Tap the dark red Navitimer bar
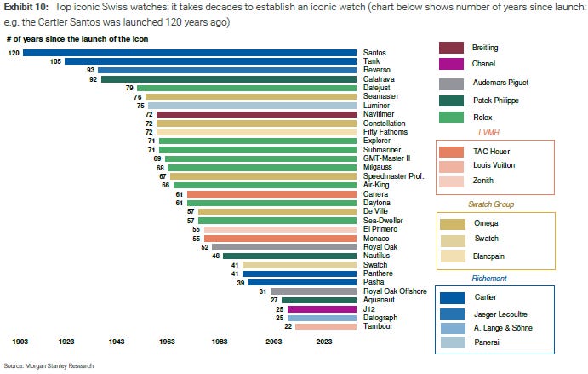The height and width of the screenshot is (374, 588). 256,113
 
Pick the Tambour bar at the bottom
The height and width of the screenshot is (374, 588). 325,326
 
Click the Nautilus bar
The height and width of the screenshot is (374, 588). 289,256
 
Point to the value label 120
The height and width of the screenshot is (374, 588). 14,53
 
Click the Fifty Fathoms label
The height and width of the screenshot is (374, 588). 384,132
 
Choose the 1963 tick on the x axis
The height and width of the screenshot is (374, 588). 167,341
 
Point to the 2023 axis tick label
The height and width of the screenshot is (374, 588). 323,341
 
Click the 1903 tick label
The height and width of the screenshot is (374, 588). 20,341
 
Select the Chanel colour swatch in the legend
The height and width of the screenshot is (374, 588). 461,64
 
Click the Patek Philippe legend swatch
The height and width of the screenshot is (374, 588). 461,101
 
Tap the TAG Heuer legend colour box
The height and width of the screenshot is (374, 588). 461,150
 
